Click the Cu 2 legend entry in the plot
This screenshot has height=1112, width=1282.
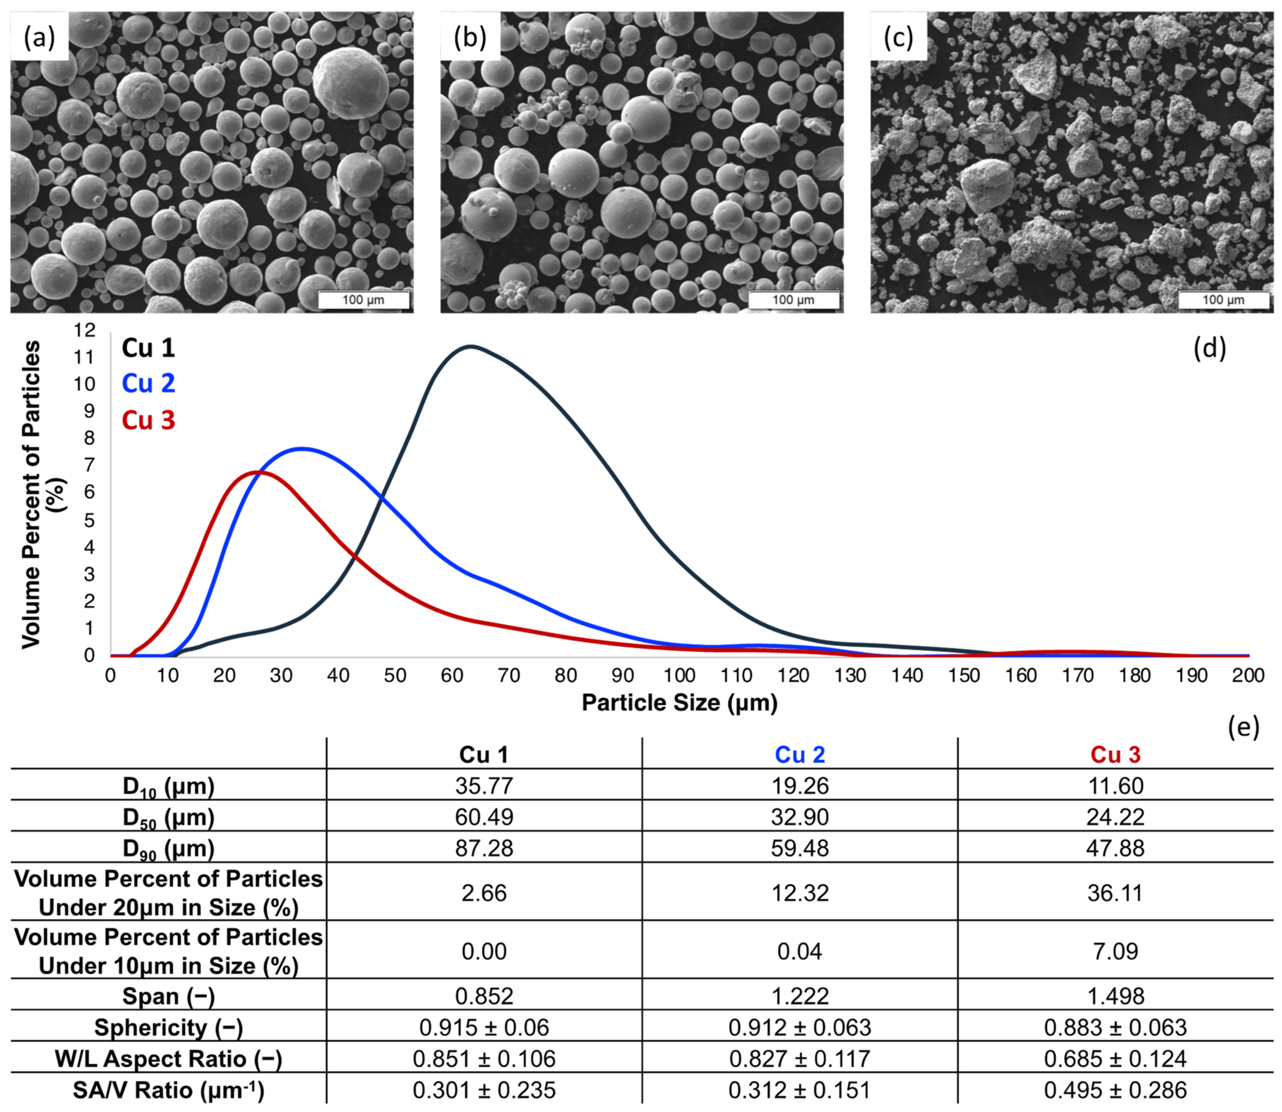148,383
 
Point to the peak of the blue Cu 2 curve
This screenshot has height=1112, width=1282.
302,449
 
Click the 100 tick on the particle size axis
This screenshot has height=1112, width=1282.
679,675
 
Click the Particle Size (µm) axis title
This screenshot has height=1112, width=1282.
679,702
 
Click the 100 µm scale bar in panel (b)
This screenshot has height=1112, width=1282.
794,300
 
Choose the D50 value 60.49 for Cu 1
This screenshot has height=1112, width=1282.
484,817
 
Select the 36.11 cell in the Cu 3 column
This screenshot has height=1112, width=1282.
1115,893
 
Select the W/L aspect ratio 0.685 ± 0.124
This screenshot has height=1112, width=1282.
1115,1059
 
